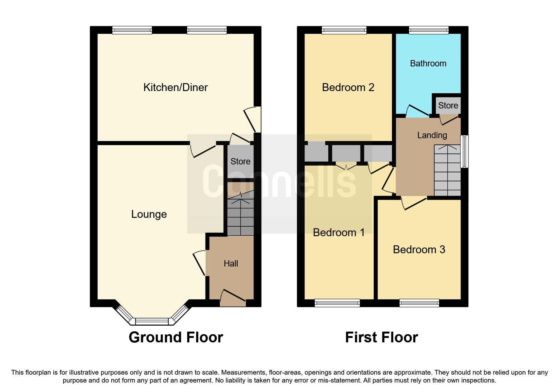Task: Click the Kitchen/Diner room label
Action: pos(175,87)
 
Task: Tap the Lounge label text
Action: pos(149,214)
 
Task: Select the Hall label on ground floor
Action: pos(231,264)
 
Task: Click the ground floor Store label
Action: pos(240,162)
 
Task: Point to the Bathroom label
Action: pos(428,64)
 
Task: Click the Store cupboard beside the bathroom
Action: pos(448,106)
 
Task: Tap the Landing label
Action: pos(432,135)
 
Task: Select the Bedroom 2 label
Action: pos(348,88)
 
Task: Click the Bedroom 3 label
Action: pos(419,250)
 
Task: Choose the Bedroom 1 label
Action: pos(339,233)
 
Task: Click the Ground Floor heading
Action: pos(176,337)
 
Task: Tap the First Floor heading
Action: pos(381,337)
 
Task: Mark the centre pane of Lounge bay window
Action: pos(152,322)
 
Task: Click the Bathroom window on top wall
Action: pos(429,30)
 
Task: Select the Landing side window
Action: pos(464,151)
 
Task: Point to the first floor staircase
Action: pos(447,171)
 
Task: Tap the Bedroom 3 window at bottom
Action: pos(419,303)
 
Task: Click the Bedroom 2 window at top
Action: pos(344,30)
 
